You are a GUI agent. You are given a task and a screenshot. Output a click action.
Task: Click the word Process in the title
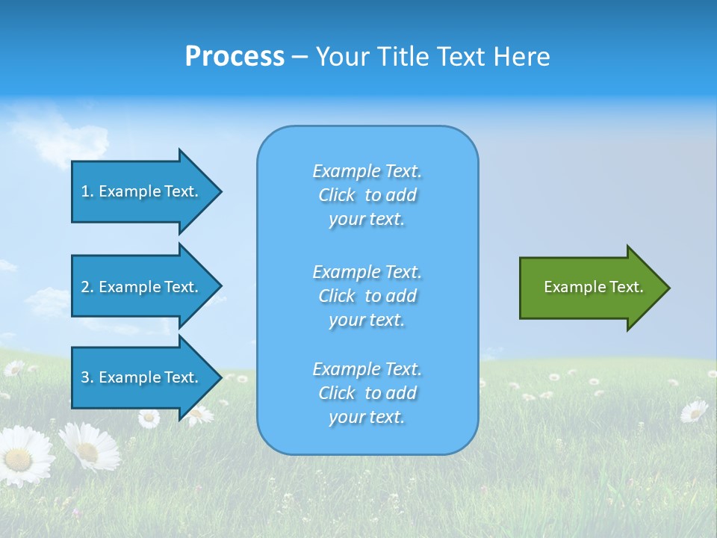click(235, 57)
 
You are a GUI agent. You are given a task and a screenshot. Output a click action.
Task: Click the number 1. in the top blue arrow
click(87, 191)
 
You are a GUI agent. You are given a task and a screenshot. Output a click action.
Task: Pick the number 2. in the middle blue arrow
click(87, 287)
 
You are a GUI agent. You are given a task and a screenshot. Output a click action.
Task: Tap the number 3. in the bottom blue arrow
click(87, 377)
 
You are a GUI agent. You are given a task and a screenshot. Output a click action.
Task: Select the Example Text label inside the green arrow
click(593, 287)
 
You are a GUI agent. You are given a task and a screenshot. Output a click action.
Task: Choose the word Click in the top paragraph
click(337, 195)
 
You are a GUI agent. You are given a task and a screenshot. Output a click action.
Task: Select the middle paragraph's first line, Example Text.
click(367, 271)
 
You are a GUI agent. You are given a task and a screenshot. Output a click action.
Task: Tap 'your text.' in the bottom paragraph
click(367, 417)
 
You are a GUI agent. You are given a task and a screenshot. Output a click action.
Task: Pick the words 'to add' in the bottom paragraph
click(391, 393)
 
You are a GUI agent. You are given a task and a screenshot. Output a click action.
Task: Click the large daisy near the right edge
click(695, 411)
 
